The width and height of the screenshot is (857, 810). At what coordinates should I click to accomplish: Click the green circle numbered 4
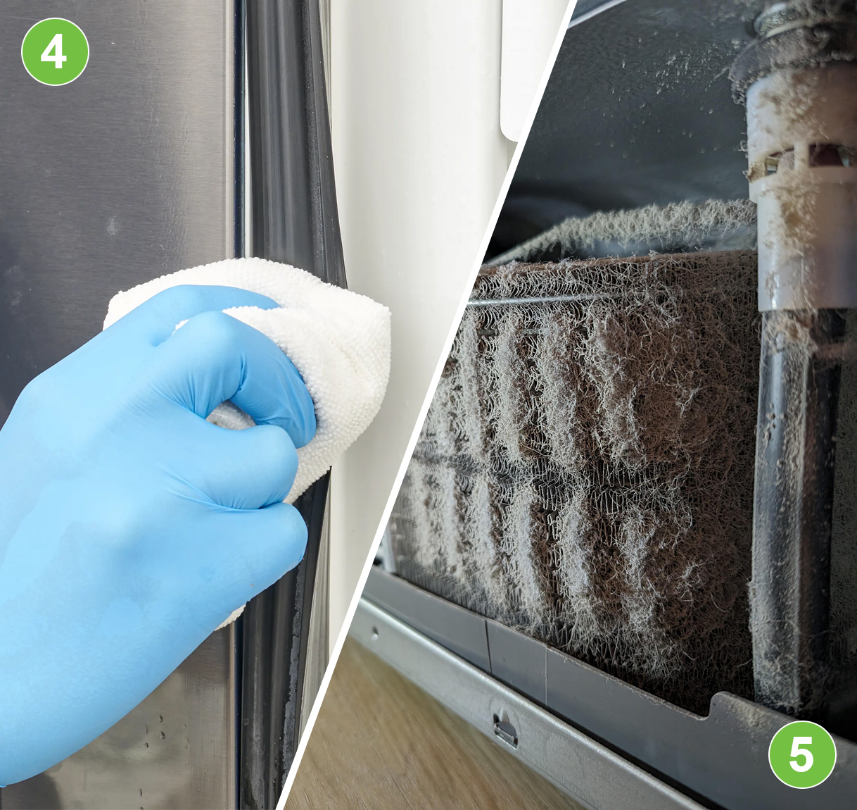coord(55,51)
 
